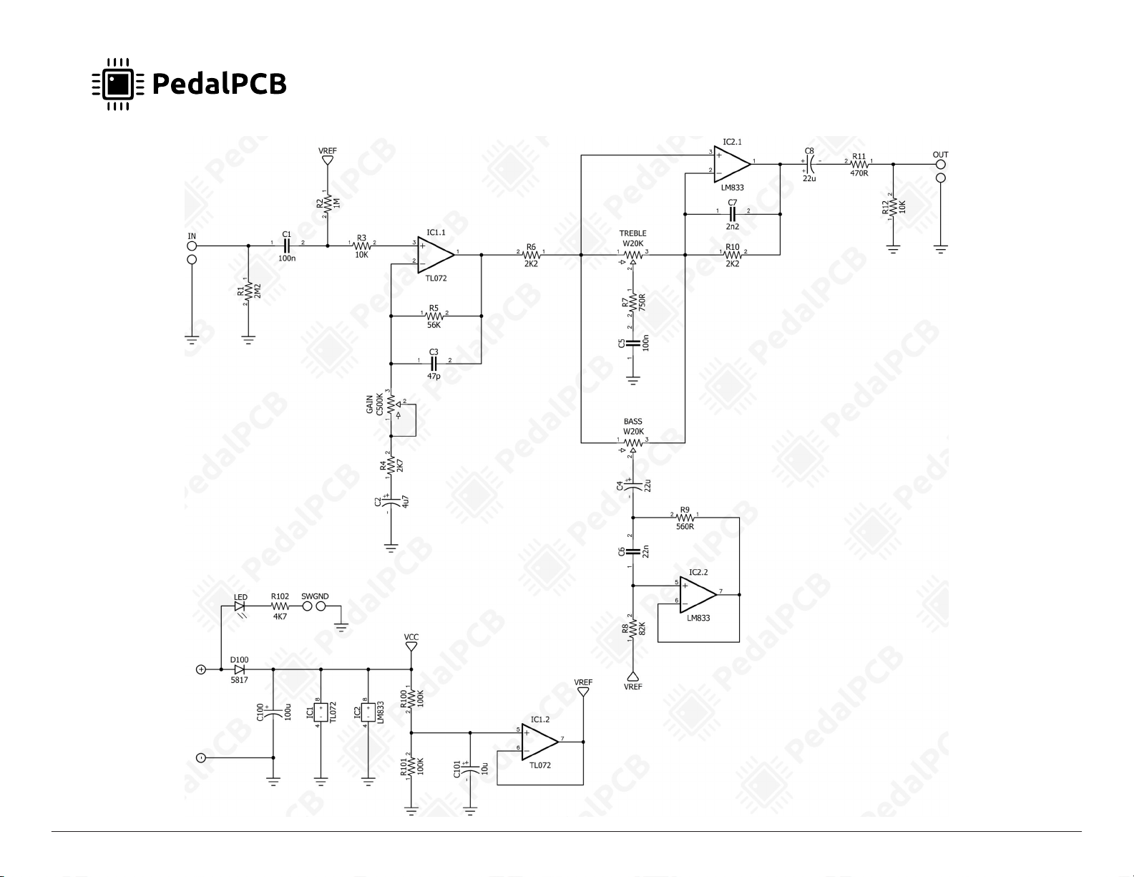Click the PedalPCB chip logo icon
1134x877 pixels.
click(x=118, y=84)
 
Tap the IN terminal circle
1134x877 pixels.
click(x=192, y=246)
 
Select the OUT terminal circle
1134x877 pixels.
click(x=940, y=165)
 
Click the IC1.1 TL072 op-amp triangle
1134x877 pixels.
click(x=436, y=256)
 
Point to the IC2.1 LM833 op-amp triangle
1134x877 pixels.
click(x=732, y=164)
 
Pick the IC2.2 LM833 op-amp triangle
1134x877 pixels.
click(x=698, y=595)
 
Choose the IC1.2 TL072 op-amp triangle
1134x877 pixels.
click(x=540, y=742)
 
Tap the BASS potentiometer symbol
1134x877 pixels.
click(x=633, y=445)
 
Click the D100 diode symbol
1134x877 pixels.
click(x=240, y=669)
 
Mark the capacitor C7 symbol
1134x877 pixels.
click(x=732, y=214)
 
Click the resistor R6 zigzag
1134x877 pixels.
click(x=531, y=256)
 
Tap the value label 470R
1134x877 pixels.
click(x=859, y=173)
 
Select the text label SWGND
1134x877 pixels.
click(x=315, y=596)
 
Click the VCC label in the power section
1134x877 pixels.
click(x=411, y=637)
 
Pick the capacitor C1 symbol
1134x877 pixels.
click(x=286, y=246)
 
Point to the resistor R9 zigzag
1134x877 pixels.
click(x=685, y=518)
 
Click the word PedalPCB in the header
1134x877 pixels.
click(x=219, y=84)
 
